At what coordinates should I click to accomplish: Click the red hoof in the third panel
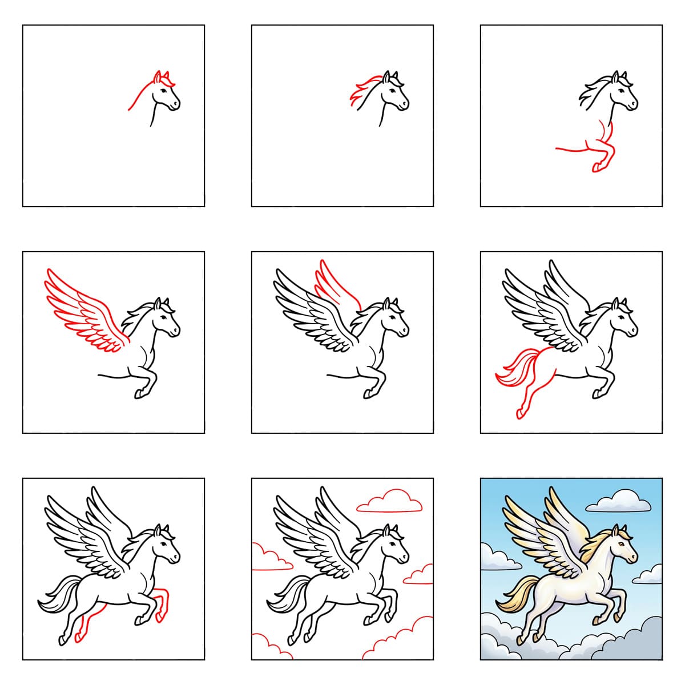(x=597, y=167)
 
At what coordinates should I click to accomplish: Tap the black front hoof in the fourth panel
(x=139, y=393)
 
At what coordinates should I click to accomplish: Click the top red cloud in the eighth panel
(x=390, y=503)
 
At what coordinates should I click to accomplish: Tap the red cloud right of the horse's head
(x=420, y=575)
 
